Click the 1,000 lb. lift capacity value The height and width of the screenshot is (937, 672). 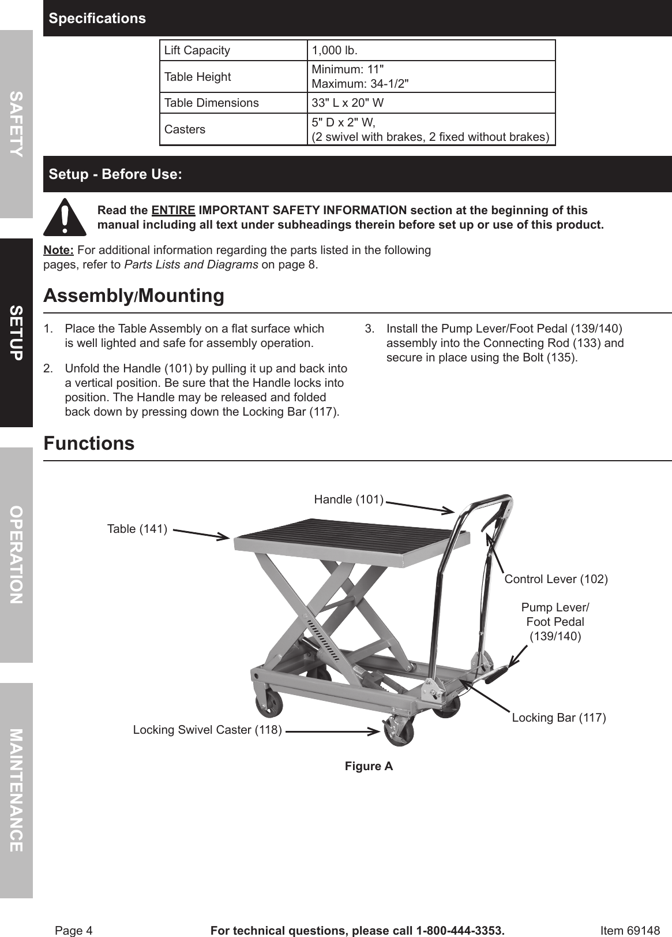point(335,50)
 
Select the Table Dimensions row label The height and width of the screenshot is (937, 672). point(211,103)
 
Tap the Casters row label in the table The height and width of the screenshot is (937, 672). point(185,129)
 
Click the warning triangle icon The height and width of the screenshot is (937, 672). point(65,217)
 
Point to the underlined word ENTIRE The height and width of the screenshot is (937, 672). point(173,210)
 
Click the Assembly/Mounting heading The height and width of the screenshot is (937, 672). point(134,296)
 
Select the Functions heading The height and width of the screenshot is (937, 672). point(89,443)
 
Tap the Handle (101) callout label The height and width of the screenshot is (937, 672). point(348,499)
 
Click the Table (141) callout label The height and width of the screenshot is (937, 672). point(137,529)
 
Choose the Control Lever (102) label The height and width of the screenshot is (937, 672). point(556,578)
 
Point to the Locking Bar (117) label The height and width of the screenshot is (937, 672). point(558,718)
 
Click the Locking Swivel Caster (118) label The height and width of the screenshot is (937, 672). point(207,730)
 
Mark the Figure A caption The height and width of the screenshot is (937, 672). point(369,766)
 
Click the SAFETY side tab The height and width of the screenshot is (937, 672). point(16,124)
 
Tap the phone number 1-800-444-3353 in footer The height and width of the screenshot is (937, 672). point(455,930)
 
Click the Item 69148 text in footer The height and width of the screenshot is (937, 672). point(630,930)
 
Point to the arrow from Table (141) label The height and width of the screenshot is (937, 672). point(201,533)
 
